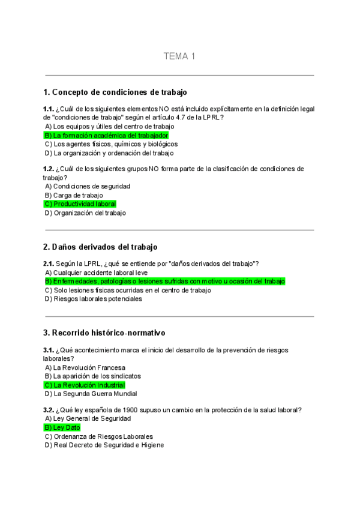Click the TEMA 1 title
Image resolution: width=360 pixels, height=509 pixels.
click(179, 56)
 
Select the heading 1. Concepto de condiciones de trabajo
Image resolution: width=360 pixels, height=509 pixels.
click(115, 92)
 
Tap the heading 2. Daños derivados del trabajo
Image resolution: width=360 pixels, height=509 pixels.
click(100, 247)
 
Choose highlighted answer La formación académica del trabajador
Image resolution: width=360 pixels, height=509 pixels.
click(106, 136)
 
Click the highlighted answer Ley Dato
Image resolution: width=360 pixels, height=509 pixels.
click(62, 427)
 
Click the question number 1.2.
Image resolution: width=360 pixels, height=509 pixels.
click(49, 169)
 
